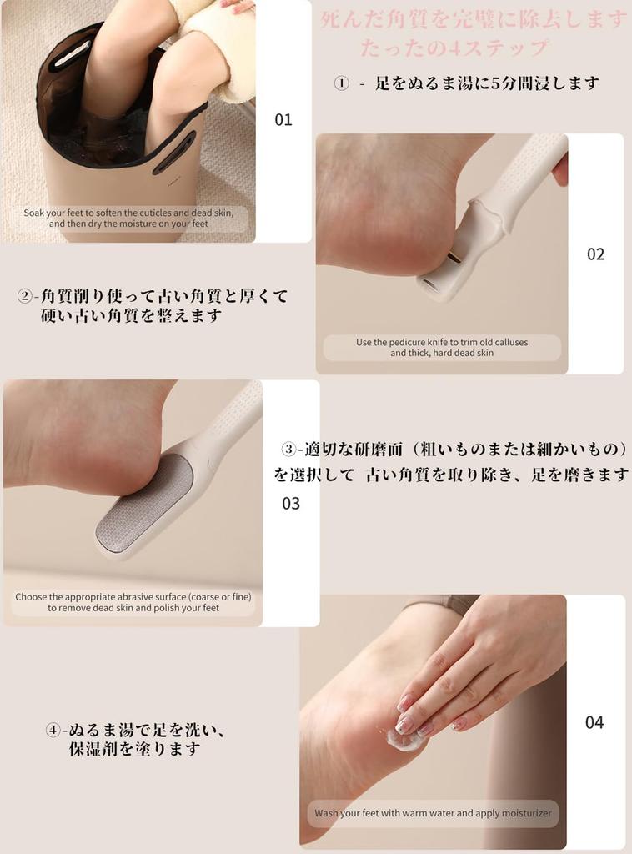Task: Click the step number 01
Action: pos(283,120)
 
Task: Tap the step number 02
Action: pos(595,254)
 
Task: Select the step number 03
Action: pos(291,504)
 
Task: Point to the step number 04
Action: pos(594,722)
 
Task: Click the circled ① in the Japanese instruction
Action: pos(341,83)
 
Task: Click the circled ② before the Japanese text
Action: pos(25,296)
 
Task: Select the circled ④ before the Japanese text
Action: pos(53,731)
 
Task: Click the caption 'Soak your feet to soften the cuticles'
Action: pos(128,219)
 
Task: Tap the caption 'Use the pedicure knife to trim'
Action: pos(442,348)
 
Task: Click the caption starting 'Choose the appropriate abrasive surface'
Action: pos(133,602)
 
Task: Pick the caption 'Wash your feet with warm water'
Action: pos(433,813)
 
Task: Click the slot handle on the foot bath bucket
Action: pos(173,153)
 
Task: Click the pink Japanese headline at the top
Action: pos(473,19)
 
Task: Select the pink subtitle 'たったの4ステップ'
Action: pos(454,48)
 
